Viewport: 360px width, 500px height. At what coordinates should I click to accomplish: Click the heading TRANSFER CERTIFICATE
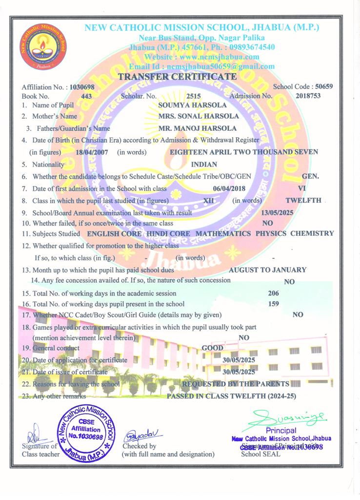pos(178,77)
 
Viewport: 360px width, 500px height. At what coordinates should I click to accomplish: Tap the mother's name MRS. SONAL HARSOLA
pos(199,116)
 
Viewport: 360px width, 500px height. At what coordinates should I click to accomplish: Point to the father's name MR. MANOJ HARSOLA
pos(198,128)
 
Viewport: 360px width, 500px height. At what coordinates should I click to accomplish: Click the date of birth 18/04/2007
pos(92,152)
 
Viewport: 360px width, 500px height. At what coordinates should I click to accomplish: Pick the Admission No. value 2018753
pos(308,96)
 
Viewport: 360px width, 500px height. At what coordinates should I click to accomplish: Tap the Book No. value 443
pos(86,96)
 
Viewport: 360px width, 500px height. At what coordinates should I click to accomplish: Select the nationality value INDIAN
pos(204,165)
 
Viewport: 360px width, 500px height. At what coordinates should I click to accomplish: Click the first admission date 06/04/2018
pos(229,188)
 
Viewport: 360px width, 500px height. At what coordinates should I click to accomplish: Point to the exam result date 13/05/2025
pos(278,213)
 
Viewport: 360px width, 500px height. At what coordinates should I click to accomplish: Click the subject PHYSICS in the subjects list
pos(271,233)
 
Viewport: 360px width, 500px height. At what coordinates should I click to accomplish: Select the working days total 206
pos(274,293)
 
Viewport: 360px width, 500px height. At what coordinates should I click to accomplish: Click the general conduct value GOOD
pos(212,348)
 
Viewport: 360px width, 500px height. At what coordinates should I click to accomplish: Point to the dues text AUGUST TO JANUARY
pos(267,270)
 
